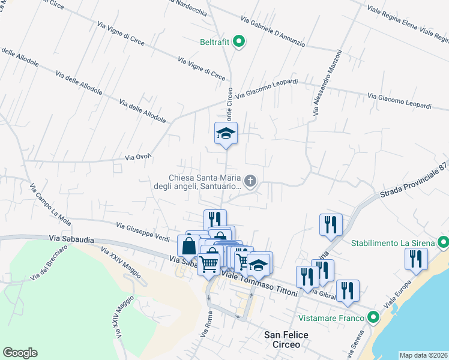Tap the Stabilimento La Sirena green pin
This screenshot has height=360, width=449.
pos(444,243)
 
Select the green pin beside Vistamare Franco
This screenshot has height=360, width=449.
pos(373,317)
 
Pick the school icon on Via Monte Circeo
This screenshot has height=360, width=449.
pos(226,133)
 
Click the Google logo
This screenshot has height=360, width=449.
pos(20,353)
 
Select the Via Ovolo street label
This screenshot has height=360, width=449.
pos(137,157)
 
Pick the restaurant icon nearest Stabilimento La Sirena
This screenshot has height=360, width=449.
pos(415,259)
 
